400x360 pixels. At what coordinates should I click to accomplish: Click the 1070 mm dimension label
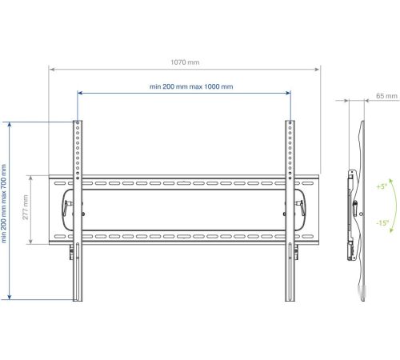pos(185,62)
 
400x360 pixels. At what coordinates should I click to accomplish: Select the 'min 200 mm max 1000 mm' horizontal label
pos(191,86)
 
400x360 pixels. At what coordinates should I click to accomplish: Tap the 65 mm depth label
pos(386,96)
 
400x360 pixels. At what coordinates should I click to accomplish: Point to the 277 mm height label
pos(26,207)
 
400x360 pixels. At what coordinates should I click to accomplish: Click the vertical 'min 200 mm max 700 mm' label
pos(4,203)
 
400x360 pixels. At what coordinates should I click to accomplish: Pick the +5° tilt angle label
pos(382,186)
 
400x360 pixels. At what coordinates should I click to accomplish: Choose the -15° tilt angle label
pos(382,222)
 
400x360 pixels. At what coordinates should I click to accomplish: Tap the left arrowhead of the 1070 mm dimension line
pos(52,70)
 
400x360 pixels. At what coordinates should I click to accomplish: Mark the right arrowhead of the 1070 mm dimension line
pos(317,70)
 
